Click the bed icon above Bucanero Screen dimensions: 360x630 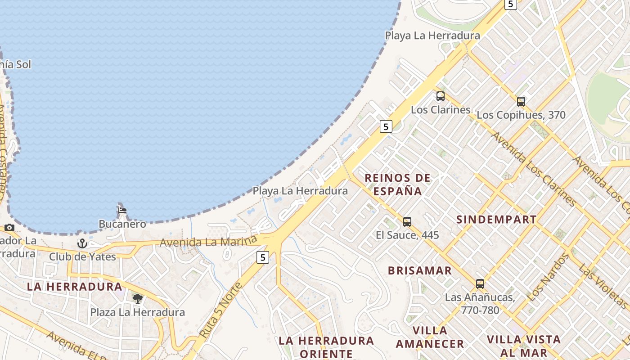[122, 210]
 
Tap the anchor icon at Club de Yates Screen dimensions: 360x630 [82, 243]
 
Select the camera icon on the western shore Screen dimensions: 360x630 [9, 227]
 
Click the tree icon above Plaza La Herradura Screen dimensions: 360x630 [137, 298]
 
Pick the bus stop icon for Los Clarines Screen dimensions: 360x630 [440, 96]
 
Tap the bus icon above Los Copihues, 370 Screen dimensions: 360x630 [521, 102]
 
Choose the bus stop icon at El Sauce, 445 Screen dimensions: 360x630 [407, 221]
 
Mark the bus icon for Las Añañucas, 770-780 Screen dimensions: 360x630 [480, 284]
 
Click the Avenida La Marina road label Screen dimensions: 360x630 [208, 242]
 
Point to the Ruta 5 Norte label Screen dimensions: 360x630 [220, 310]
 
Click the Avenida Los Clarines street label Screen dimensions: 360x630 [533, 169]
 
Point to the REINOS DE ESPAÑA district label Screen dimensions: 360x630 [397, 184]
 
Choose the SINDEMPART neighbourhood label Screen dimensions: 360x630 [496, 220]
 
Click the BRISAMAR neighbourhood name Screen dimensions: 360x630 [420, 270]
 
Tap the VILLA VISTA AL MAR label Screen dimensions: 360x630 [524, 346]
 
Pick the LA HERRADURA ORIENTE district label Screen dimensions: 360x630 [326, 347]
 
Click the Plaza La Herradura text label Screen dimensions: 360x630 [138, 312]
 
